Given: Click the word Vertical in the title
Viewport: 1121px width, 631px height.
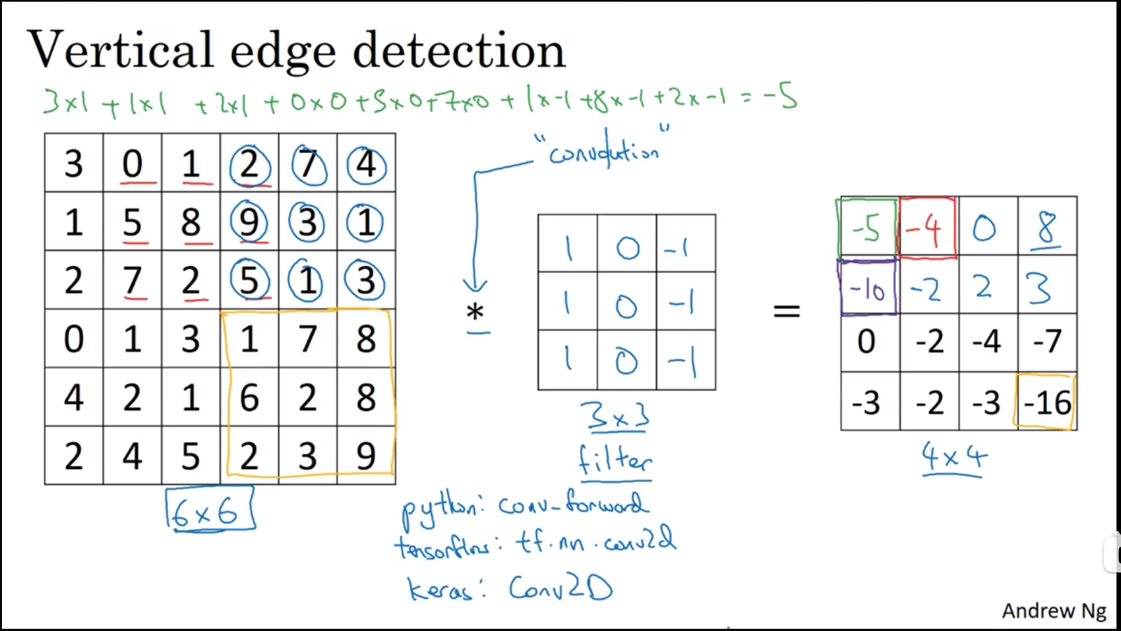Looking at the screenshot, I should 121,50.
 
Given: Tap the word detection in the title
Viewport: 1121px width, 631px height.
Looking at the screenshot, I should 459,50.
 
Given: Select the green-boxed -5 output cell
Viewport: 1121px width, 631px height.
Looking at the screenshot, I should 866,228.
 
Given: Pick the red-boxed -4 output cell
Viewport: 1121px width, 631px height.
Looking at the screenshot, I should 927,228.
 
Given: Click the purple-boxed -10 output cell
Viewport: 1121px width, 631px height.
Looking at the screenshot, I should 868,288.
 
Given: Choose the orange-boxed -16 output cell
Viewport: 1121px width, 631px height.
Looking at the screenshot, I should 1046,402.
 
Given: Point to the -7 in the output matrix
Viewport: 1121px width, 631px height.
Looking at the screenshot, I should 1047,341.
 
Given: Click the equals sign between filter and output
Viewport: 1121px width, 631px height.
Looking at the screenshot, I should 786,312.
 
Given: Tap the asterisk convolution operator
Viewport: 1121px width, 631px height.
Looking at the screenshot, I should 475,312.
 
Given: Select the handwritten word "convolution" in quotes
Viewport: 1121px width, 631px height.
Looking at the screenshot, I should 603,151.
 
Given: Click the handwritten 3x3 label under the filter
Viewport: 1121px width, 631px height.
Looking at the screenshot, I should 615,417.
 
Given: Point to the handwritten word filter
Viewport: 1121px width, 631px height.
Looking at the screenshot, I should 615,461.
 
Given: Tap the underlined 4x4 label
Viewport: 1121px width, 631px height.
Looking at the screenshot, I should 954,457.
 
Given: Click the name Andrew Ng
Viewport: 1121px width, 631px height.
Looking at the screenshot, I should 1053,610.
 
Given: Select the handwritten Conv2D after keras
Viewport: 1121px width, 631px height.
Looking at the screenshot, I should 560,587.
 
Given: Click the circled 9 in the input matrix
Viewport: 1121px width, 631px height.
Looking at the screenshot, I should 249,223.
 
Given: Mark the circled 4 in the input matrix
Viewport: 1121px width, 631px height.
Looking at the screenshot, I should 366,165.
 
